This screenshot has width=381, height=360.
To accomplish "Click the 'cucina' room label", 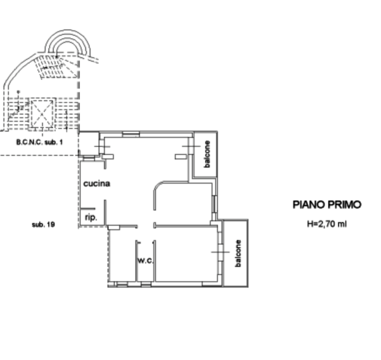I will (x=96, y=184).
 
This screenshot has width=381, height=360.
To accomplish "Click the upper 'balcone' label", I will (x=206, y=154).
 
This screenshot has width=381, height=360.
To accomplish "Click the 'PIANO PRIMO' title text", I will (x=327, y=204).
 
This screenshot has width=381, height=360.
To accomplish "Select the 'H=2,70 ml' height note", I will (x=326, y=224).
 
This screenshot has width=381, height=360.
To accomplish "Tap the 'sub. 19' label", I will (x=43, y=225).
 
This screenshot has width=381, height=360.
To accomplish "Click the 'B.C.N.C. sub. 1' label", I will (x=40, y=143).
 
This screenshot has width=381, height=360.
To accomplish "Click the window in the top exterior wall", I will (x=130, y=134).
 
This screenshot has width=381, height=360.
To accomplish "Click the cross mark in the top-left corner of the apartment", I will (x=102, y=147).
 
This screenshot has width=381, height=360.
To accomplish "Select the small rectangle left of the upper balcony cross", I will (x=181, y=156).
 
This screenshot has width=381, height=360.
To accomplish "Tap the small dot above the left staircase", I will (x=18, y=92).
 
